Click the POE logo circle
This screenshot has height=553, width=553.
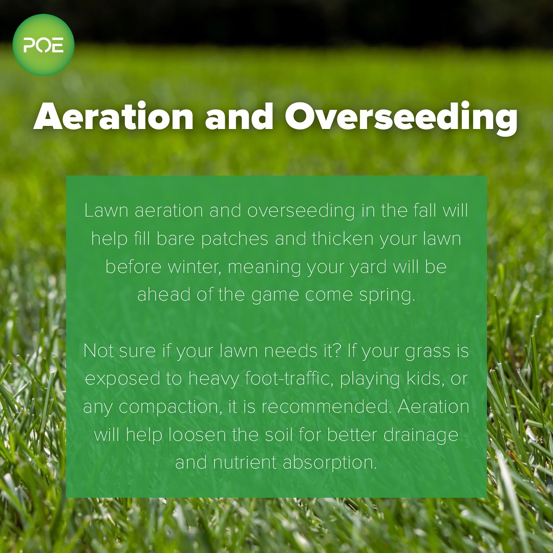tap(44, 45)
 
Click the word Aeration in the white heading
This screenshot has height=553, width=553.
tap(113, 117)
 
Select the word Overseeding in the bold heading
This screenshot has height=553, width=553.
tap(401, 118)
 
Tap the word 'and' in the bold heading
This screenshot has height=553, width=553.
tap(239, 116)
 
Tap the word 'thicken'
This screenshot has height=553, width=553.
tap(343, 239)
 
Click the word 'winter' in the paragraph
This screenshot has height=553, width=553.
tap(193, 267)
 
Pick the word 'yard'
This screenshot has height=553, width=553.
tap(368, 267)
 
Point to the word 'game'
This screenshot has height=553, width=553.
tap(275, 295)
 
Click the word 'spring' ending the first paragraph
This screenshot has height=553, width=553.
tap(387, 295)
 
